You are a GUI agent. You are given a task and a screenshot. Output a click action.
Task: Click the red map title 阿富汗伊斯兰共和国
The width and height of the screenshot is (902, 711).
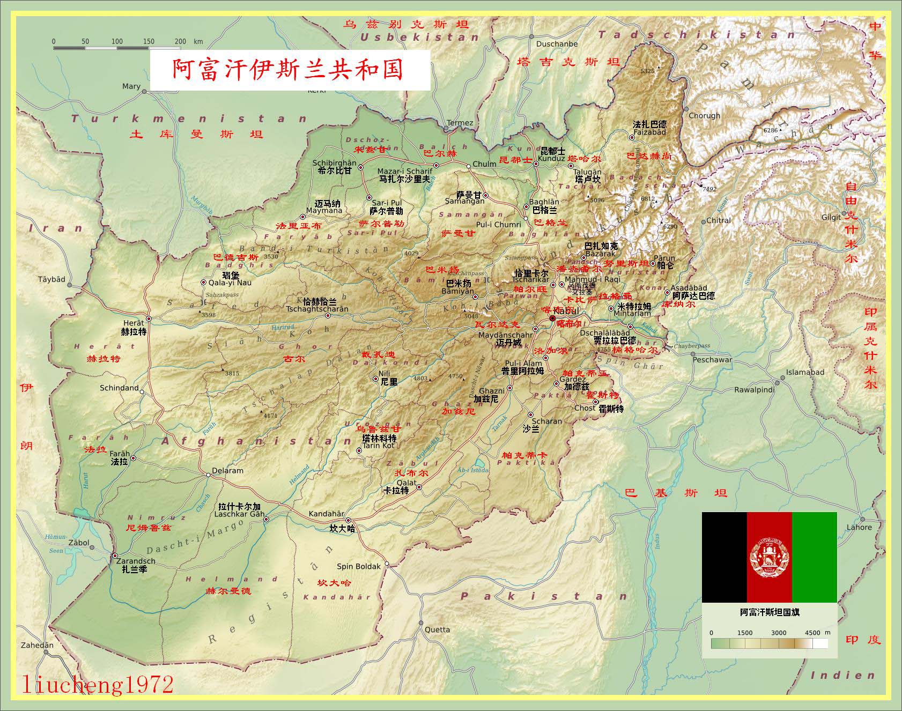pyautogui.click(x=288, y=70)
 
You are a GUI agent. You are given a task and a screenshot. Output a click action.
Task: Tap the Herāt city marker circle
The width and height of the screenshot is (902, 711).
pyautogui.click(x=149, y=319)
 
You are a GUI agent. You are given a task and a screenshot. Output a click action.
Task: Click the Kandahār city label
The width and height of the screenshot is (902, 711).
pyautogui.click(x=326, y=514)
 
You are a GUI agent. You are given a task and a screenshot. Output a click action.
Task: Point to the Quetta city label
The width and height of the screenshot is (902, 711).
pyautogui.click(x=438, y=629)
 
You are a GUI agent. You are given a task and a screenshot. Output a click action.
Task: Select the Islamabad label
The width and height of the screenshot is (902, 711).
pyautogui.click(x=805, y=372)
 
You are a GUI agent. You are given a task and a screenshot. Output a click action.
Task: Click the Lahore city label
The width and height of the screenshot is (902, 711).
pyautogui.click(x=859, y=527)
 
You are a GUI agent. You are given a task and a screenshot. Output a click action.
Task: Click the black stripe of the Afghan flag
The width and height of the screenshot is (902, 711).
pyautogui.click(x=724, y=557)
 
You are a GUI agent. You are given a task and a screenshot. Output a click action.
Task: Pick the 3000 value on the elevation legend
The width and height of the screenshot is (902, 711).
pyautogui.click(x=779, y=633)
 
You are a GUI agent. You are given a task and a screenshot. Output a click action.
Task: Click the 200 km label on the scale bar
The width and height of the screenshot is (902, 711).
pyautogui.click(x=181, y=41)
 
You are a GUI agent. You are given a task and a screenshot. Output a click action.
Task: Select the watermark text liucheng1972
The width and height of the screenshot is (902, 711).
pyautogui.click(x=98, y=685)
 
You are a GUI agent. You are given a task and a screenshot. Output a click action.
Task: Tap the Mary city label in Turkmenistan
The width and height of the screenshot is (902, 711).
pyautogui.click(x=131, y=86)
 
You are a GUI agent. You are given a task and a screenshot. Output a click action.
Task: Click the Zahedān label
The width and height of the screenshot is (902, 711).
pyautogui.click(x=38, y=645)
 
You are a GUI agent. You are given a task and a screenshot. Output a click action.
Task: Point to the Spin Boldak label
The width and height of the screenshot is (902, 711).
pyautogui.click(x=358, y=566)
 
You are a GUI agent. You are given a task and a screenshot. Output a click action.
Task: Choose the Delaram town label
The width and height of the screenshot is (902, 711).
pyautogui.click(x=227, y=470)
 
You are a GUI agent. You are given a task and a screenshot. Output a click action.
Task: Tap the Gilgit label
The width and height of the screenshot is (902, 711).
pyautogui.click(x=831, y=217)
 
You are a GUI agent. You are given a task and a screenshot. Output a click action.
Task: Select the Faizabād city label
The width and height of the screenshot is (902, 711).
pyautogui.click(x=649, y=132)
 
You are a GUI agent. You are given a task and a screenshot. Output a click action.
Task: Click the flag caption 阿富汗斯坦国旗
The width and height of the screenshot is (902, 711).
pyautogui.click(x=770, y=612)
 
